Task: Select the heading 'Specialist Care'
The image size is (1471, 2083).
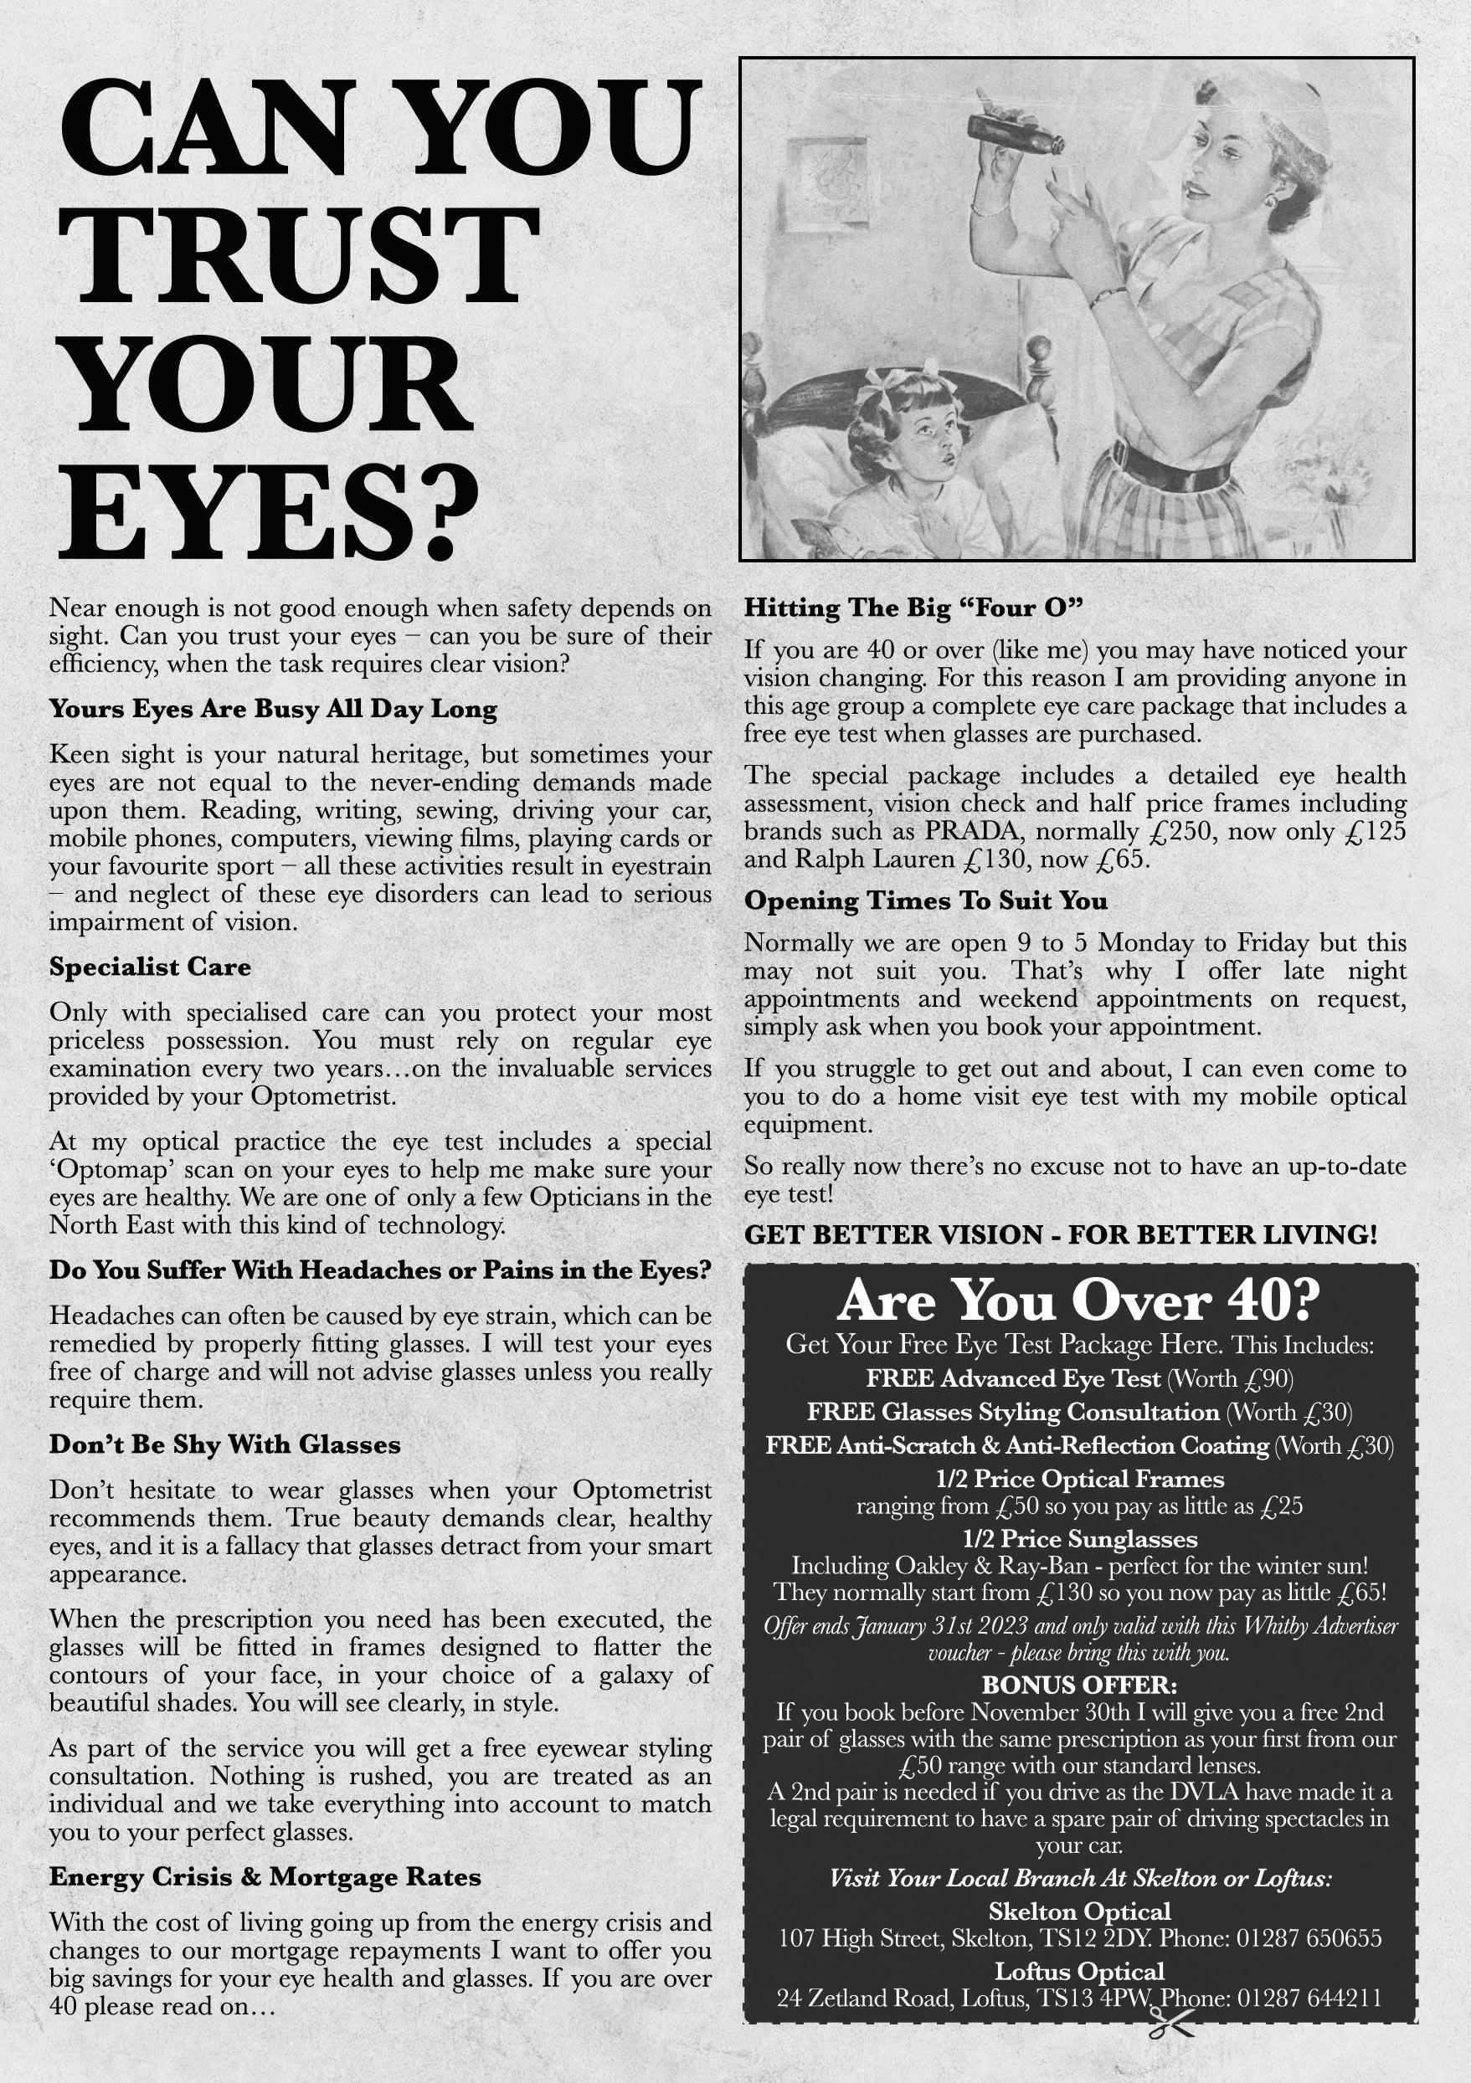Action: click(150, 967)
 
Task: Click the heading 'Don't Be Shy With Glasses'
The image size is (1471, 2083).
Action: click(224, 1444)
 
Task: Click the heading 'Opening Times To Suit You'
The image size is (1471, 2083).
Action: click(926, 900)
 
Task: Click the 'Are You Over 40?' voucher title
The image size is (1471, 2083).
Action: click(1079, 1302)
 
